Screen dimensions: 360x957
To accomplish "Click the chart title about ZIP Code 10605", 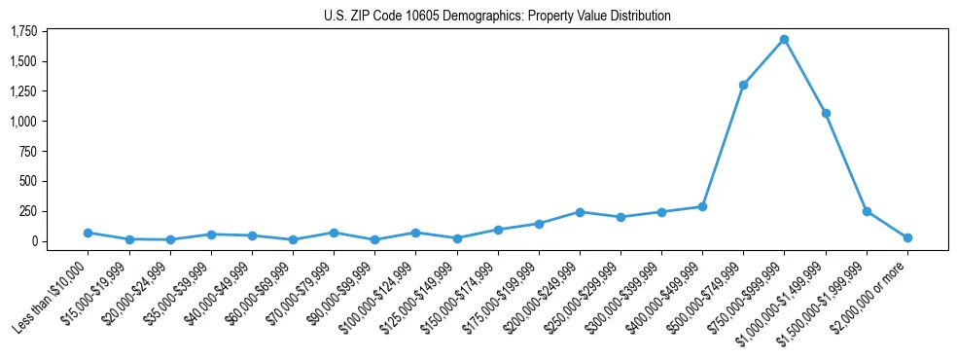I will coord(497,16).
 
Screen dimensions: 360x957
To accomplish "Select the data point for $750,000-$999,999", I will coord(784,40).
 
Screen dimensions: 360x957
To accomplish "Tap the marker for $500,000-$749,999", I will coord(743,85).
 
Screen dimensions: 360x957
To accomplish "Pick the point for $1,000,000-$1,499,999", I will coord(826,113).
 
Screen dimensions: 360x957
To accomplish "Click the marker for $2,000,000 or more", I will coord(907,237).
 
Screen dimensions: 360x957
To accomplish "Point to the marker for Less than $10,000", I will coord(88,233).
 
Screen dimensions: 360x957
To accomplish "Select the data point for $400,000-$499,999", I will coord(702,206).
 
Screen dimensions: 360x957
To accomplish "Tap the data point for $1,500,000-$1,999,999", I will coord(867,211).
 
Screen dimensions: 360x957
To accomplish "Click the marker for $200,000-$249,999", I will coord(580,212).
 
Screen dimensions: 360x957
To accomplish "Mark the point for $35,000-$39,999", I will coord(211,234).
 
